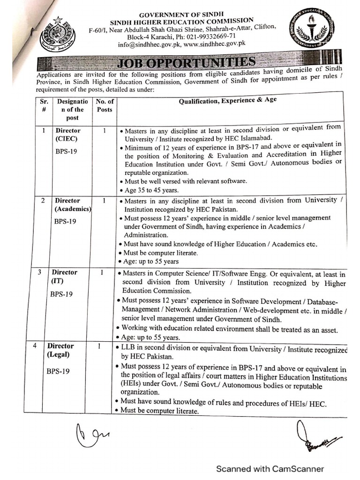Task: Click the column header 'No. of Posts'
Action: (x=105, y=105)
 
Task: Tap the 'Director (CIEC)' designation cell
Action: (x=68, y=135)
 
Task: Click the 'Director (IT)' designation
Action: (x=64, y=277)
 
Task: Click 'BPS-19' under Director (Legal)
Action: (x=58, y=371)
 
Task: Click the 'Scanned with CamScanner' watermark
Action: (x=270, y=468)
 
